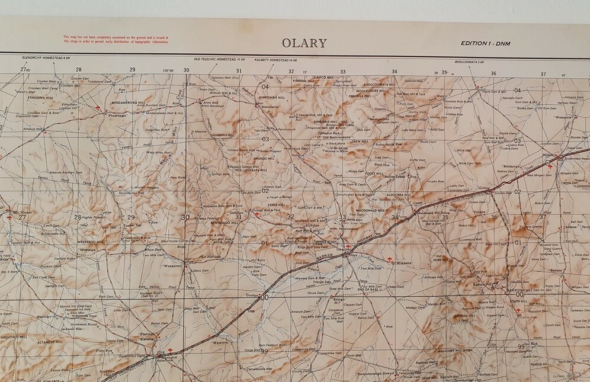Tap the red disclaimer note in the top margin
click(x=116, y=38)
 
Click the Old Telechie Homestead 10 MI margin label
click(x=219, y=60)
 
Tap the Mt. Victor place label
click(x=23, y=211)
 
